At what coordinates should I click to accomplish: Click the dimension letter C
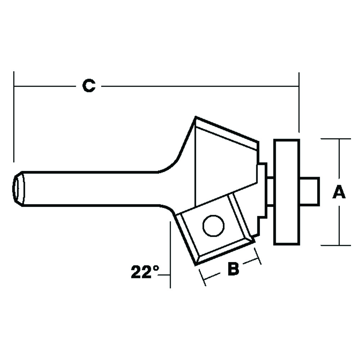(x=89, y=86)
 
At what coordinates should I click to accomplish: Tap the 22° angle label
(x=145, y=272)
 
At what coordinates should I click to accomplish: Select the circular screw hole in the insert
(x=213, y=226)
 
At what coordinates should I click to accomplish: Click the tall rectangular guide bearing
(x=287, y=192)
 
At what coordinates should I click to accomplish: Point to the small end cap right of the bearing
(x=310, y=190)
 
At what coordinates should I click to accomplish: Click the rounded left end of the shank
(x=18, y=189)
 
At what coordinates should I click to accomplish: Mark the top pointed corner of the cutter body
(x=195, y=117)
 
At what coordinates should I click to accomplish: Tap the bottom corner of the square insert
(x=195, y=265)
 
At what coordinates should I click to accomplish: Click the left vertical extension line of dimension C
(x=14, y=117)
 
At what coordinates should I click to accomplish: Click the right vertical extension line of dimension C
(x=299, y=102)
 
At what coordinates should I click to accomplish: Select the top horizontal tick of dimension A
(x=336, y=139)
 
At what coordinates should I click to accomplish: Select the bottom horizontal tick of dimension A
(x=336, y=245)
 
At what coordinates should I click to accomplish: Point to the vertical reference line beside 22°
(x=170, y=255)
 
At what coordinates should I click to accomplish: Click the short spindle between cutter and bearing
(x=270, y=192)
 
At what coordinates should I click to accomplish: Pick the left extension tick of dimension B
(x=202, y=277)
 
